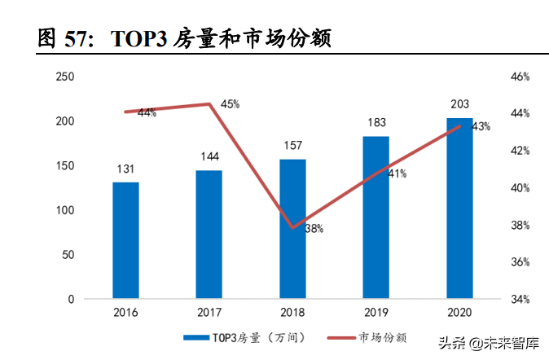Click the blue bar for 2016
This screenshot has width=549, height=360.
[125, 240]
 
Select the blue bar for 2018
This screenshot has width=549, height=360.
[292, 229]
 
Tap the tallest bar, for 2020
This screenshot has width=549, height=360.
[459, 209]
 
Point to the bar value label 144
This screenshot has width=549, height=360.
[209, 157]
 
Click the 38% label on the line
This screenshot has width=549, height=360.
[314, 229]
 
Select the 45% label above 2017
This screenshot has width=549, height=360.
[230, 104]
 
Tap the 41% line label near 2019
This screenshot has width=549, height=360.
[397, 173]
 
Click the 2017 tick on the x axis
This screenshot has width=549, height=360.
[209, 312]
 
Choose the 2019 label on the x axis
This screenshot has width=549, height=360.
[376, 312]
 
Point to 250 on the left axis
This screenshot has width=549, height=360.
[64, 77]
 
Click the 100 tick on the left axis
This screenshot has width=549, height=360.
[64, 210]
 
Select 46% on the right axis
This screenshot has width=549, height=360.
[520, 77]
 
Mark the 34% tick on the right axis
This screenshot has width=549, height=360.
[520, 299]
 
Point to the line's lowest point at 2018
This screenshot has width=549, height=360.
[292, 228]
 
